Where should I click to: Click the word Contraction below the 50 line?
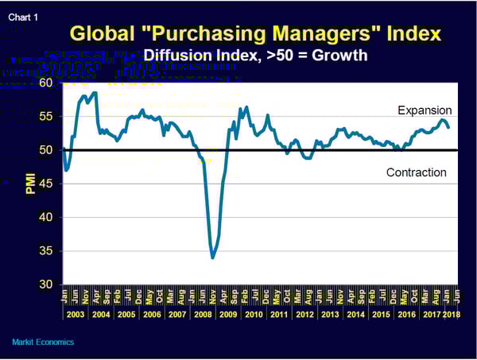[416, 172]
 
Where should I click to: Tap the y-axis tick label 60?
[45, 83]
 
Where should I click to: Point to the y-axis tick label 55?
[45, 116]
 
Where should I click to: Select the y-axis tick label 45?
[45, 184]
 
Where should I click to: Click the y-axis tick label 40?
[45, 217]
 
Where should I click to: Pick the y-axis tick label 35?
[45, 250]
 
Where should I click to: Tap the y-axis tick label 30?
[45, 285]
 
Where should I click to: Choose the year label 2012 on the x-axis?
[304, 315]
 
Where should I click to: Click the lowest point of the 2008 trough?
[213, 257]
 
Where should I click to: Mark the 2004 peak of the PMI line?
[95, 93]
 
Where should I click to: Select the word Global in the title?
[101, 34]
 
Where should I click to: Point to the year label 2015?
[381, 315]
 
